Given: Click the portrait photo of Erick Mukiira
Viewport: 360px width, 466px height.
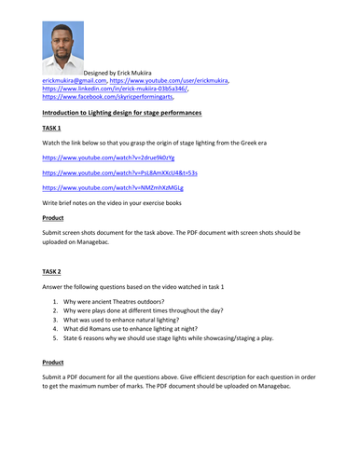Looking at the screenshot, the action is [62, 48].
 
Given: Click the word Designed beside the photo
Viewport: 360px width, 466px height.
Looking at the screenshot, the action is [100, 73].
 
